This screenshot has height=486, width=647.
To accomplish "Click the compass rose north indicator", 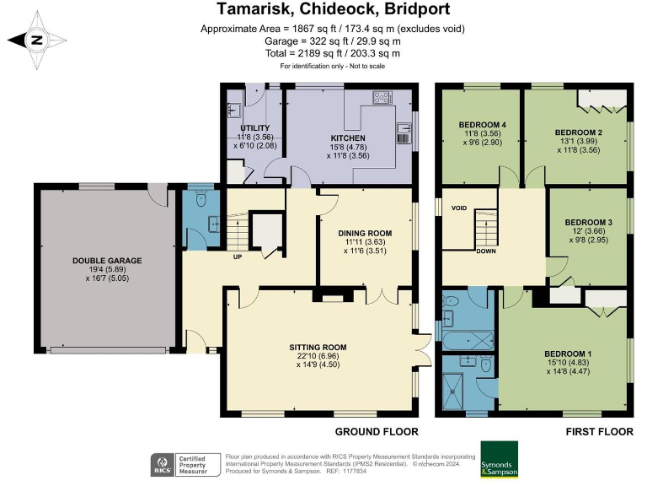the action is pyautogui.click(x=37, y=40).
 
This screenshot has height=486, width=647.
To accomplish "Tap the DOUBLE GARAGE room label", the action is pyautogui.click(x=107, y=261).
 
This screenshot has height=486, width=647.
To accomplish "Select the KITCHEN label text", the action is pyautogui.click(x=348, y=138).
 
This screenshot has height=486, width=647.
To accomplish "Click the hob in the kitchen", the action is pyautogui.click(x=382, y=98).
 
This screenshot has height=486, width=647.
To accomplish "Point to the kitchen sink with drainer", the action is pyautogui.click(x=404, y=133).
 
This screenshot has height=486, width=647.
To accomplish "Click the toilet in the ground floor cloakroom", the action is pyautogui.click(x=201, y=199).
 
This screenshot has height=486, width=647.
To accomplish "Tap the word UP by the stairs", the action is pyautogui.click(x=238, y=256).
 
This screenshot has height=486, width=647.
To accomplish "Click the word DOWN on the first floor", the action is pyautogui.click(x=486, y=251).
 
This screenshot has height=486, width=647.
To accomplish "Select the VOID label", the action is pyautogui.click(x=459, y=208).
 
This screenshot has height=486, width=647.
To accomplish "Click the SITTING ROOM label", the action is pyautogui.click(x=318, y=348).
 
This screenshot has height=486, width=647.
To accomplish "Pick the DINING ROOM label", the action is pyautogui.click(x=365, y=233).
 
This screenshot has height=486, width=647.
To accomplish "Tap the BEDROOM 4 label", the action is pyautogui.click(x=483, y=125).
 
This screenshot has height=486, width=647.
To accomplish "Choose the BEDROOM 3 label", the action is pyautogui.click(x=588, y=223).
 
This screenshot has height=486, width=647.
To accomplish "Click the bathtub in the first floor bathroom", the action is pyautogui.click(x=468, y=342).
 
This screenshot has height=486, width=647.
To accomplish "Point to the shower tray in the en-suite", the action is pyautogui.click(x=454, y=389).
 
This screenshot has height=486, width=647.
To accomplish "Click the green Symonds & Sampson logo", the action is pyautogui.click(x=500, y=460).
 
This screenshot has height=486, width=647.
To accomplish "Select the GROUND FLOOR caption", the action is pyautogui.click(x=377, y=432).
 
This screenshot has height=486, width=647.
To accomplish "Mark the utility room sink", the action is pyautogui.click(x=234, y=111).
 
